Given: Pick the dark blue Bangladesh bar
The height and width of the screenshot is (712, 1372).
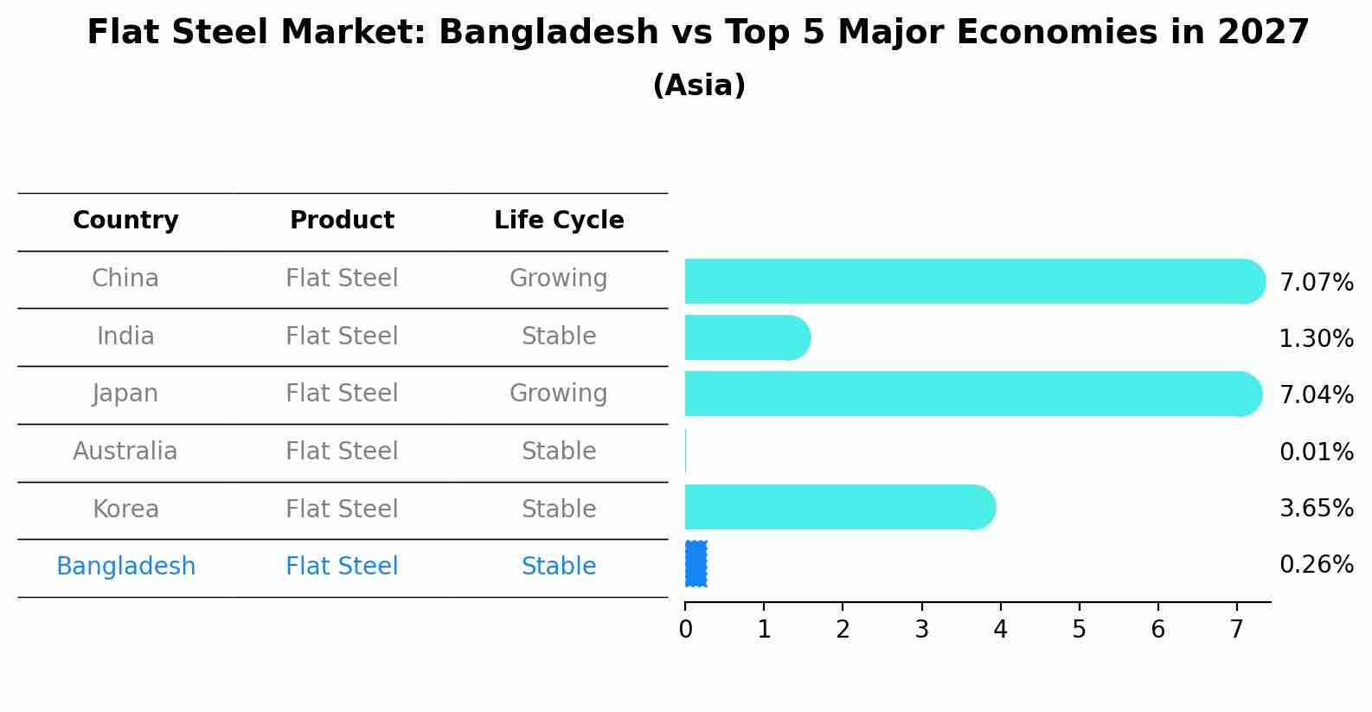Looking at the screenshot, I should coord(696,564).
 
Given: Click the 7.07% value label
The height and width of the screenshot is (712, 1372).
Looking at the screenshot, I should coord(1316,283).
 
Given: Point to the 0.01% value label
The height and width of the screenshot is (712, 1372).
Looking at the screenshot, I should coord(1316,452).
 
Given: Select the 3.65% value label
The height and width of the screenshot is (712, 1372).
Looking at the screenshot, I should coord(1316,508).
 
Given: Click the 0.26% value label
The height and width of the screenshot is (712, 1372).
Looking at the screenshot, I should coord(1316,565).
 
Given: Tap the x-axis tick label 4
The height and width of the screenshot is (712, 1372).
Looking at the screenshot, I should coord(1000,630).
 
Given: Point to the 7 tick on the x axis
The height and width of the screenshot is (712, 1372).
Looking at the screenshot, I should coord(1236,630).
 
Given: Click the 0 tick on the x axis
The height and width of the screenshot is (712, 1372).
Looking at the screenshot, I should coord(685,630).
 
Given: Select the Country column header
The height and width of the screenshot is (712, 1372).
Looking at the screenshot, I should coord(125,221).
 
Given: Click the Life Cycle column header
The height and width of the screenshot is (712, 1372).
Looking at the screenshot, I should coord(559,221).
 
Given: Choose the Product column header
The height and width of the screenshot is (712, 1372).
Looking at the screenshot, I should coord(342,221).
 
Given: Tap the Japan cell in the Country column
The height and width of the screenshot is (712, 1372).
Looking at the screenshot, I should coord(125,394).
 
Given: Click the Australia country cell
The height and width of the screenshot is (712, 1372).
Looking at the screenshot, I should coord(125,452).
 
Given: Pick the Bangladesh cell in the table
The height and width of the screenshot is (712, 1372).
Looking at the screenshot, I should coord(125,567).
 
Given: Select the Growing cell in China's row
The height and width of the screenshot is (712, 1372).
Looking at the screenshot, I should coord(559,279).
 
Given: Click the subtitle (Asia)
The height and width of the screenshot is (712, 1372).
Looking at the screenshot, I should coord(699,86).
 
